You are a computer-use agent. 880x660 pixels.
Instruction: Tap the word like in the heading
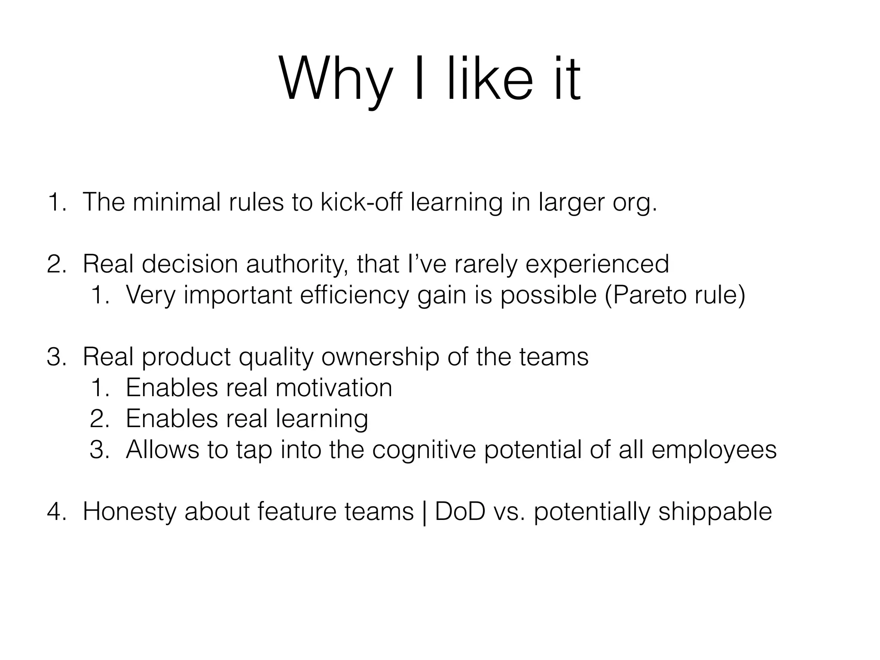pos(490,80)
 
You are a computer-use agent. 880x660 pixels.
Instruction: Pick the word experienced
pos(597,264)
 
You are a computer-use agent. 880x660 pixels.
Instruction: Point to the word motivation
pos(334,388)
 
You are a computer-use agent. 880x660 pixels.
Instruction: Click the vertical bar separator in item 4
pos(425,512)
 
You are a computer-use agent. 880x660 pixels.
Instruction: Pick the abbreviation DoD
pos(460,511)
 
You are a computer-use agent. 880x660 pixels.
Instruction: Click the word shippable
pos(715,511)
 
